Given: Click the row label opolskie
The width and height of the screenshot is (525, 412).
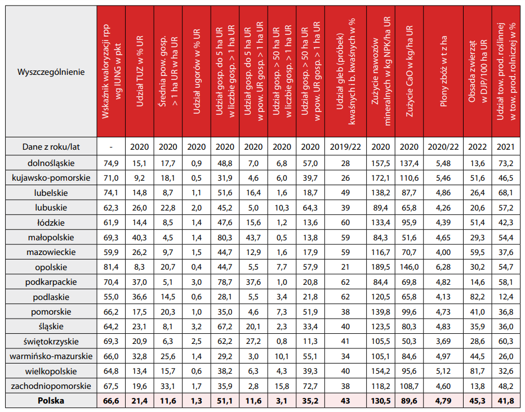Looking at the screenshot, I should (x=51, y=267).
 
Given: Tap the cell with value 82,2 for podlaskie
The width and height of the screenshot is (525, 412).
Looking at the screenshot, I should (x=477, y=297).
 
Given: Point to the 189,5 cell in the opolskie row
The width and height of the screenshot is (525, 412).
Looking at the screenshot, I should (x=381, y=267).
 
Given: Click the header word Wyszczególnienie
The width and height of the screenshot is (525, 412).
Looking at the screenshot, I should (x=51, y=73).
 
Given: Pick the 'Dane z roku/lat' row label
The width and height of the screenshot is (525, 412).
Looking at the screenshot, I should (x=51, y=147).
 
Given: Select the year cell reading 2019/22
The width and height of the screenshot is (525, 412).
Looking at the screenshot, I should (x=345, y=147).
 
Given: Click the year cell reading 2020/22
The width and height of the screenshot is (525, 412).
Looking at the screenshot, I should (x=443, y=147).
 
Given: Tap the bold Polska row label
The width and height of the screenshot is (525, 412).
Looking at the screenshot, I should (x=51, y=401).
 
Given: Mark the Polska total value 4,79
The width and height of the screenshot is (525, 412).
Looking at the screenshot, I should (x=443, y=401).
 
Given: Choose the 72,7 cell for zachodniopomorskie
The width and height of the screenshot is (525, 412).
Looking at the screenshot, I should (x=310, y=386).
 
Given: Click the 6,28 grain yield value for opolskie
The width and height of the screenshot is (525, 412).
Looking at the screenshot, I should (x=443, y=267).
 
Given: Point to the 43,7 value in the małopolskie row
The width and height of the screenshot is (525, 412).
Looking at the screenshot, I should (x=253, y=237).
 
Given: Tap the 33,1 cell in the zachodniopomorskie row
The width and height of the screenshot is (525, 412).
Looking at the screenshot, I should (x=168, y=386).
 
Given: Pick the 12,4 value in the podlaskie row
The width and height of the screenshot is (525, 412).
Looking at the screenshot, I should (x=505, y=297).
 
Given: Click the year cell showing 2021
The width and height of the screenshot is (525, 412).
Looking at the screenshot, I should (x=505, y=147).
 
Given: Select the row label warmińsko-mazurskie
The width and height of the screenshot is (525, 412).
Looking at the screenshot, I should (x=51, y=356).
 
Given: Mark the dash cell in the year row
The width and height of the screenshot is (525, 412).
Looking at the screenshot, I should (x=112, y=147).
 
